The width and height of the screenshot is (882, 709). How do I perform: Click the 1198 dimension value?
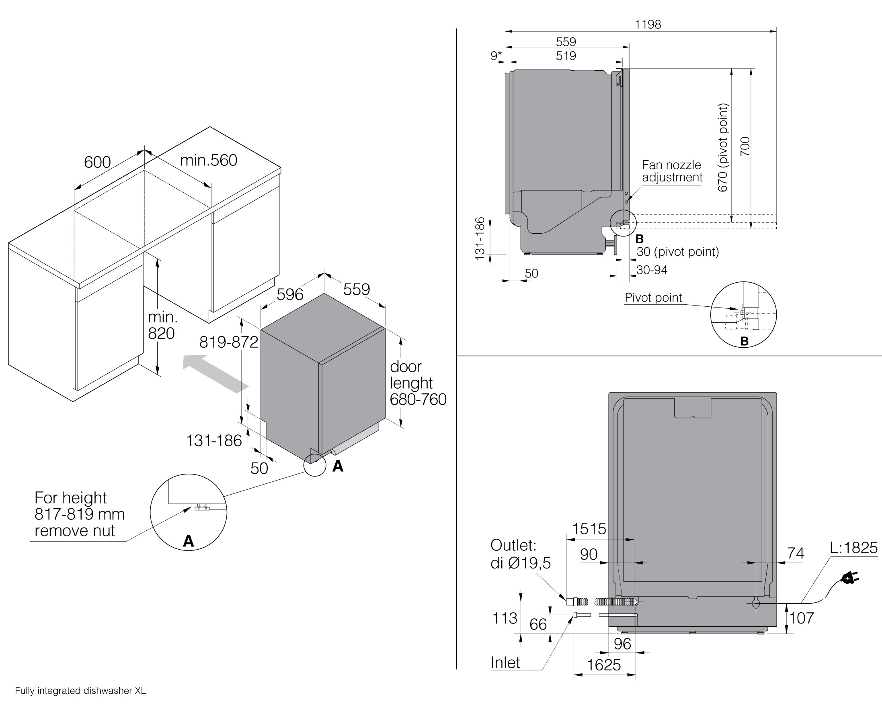pos(648,24)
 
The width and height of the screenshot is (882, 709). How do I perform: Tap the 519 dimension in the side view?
pos(566,55)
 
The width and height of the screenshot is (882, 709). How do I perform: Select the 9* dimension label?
pos(496,55)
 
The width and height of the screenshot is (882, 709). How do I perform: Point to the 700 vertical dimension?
pos(745,146)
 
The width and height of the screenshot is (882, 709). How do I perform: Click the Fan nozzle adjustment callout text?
pos(672,171)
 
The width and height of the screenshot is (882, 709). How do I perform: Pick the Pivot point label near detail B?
pos(653,297)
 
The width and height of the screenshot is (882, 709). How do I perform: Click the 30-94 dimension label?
pos(652,270)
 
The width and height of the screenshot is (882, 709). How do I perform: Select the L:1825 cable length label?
pos(853,548)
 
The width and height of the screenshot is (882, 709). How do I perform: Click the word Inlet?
pos(505,662)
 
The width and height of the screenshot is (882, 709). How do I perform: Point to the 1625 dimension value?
pos(604,665)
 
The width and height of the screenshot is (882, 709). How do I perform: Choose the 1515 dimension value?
pos(589,529)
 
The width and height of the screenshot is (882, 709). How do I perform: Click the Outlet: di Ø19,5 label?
pos(520,554)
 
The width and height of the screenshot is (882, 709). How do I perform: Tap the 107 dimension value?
pos(802,618)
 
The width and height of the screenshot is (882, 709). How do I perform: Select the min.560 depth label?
pos(209,160)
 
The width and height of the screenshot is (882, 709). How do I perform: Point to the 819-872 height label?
pos(229,342)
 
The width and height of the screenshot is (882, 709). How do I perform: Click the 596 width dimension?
pos(289,294)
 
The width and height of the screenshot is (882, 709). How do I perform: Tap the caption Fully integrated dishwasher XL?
pos(80,691)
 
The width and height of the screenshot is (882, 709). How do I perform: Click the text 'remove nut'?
pos(74,530)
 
